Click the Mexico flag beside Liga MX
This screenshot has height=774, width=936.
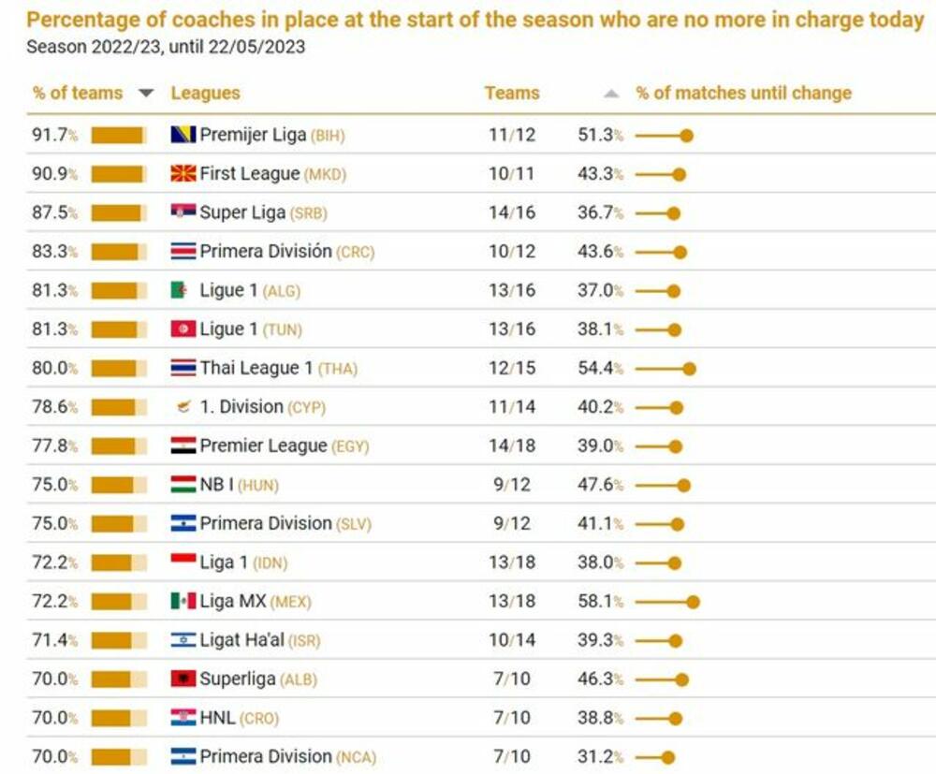point(183,601)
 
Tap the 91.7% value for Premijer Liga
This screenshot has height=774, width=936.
point(51,135)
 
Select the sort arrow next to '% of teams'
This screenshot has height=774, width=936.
point(145,93)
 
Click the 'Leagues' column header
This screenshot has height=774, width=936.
point(205,93)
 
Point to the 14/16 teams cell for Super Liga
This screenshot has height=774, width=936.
point(512,212)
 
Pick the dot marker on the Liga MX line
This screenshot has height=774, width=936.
point(693,602)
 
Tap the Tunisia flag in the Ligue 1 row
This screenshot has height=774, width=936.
point(183,329)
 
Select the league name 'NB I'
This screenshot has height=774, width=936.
point(216,485)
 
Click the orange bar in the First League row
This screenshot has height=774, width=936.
point(118,174)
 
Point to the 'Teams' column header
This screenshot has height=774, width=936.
point(512,93)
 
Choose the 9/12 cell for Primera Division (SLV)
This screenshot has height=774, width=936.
point(512,523)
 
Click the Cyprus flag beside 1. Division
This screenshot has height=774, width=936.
point(183,407)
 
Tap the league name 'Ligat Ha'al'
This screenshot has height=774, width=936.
point(241,640)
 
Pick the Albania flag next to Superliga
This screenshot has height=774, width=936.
point(183,679)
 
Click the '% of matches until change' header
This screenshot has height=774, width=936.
point(744,93)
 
